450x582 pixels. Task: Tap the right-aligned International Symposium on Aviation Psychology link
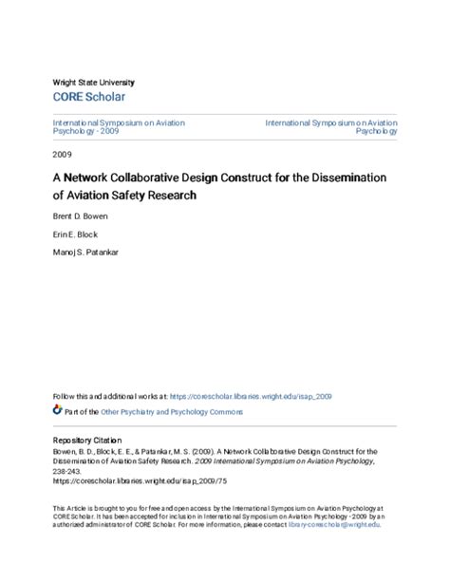(x=331, y=127)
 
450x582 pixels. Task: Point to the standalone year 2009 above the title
(x=61, y=154)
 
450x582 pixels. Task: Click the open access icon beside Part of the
(x=56, y=411)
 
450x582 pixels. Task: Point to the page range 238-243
(x=67, y=471)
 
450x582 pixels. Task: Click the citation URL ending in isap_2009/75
(x=123, y=481)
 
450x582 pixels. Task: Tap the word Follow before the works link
(x=64, y=396)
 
